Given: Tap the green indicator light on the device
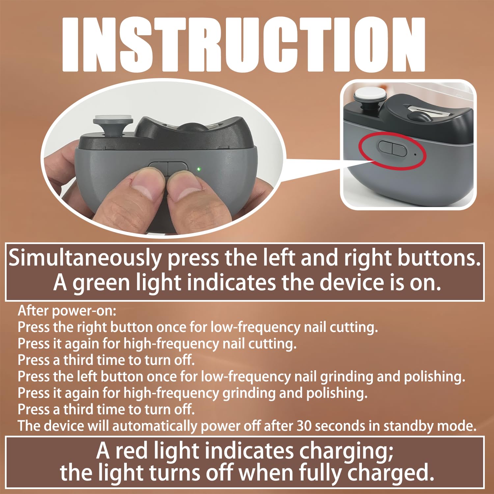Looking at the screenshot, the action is coord(199,169).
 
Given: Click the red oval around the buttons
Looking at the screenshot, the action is coord(392,151).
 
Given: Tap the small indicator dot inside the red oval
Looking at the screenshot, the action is coord(415,154).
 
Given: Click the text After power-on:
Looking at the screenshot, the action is coord(67,311).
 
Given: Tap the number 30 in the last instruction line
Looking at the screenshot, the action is coord(304,426).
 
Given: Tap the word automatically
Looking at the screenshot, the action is coord(156,426).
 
